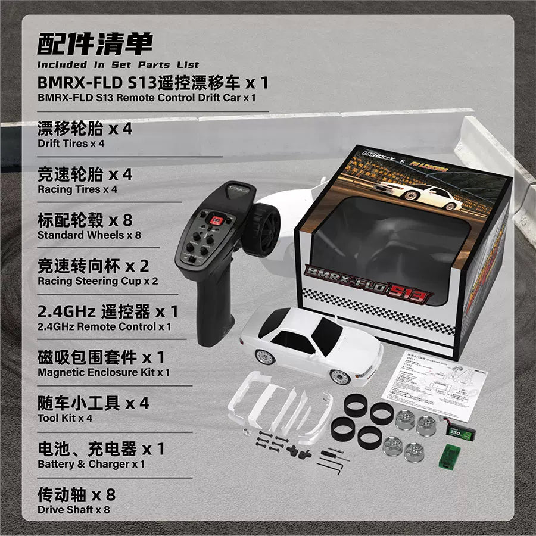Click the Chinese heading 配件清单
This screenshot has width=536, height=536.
coord(95,44)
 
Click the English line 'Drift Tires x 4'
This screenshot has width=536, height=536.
coord(71,144)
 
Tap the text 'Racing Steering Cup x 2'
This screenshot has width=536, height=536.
coord(98,281)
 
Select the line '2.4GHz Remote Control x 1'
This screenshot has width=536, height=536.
coord(104,326)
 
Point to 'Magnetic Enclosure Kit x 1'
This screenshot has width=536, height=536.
coord(104,372)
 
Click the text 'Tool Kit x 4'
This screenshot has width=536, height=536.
coord(65,418)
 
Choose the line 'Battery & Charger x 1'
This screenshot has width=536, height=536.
coord(91,464)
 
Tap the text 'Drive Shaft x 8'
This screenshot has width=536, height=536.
coord(73,510)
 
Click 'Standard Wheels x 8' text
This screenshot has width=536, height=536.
coord(89,235)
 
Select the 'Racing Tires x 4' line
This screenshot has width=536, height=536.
coord(77,189)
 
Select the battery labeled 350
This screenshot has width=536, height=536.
coord(459,430)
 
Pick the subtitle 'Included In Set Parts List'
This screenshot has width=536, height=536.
coord(119,64)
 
